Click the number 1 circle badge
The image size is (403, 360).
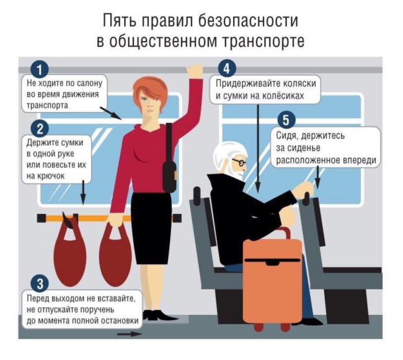click(x=39, y=69)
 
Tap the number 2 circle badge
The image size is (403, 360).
click(x=40, y=129)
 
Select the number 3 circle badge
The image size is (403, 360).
click(x=40, y=284)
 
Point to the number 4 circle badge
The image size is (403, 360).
click(x=227, y=69)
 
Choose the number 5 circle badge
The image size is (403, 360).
click(x=286, y=120)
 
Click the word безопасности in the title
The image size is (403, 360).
click(x=248, y=20)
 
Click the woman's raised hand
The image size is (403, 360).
click(x=195, y=71)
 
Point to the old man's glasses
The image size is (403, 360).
click(x=239, y=162)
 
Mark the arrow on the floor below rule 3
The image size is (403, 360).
click(x=130, y=334)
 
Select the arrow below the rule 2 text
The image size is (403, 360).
click(x=83, y=192)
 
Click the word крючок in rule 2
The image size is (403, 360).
click(x=46, y=176)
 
